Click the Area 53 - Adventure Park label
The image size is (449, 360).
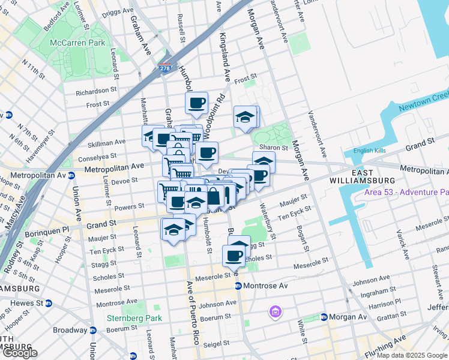tap(406, 193)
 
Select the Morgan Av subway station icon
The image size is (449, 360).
tap(324, 317)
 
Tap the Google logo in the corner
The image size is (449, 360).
tap(20, 353)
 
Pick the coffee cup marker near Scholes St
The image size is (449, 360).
tap(234, 256)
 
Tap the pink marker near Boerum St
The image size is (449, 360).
tap(276, 311)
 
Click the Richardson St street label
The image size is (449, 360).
tap(96, 91)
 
